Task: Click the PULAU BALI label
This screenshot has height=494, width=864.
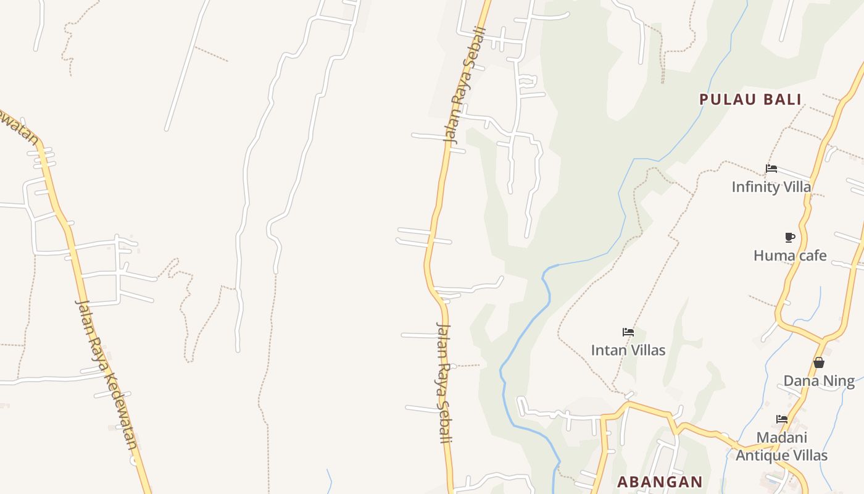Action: tap(750, 99)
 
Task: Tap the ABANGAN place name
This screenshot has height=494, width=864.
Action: tap(660, 482)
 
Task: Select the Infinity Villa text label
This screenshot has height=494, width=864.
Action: tap(771, 186)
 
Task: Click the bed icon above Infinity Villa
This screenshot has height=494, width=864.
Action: tap(771, 168)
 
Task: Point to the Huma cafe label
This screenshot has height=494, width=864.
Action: tap(790, 255)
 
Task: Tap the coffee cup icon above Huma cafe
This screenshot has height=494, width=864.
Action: tap(789, 237)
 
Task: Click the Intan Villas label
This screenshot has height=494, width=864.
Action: tap(628, 350)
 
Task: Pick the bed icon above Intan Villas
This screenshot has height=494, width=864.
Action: tap(628, 332)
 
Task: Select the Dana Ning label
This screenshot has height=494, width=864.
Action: tap(819, 380)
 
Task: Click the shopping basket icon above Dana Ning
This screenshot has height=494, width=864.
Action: tap(819, 362)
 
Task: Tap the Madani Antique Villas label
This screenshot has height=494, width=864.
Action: tap(781, 446)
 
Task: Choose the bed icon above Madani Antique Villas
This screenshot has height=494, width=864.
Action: tap(782, 419)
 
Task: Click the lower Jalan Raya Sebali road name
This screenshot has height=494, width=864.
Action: tap(444, 382)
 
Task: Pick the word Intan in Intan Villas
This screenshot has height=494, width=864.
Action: tap(607, 350)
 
